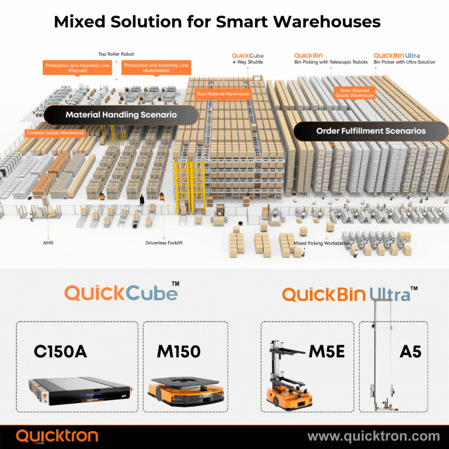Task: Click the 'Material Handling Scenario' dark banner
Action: click(121, 115)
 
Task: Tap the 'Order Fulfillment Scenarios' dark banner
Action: click(371, 131)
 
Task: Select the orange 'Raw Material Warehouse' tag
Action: click(223, 94)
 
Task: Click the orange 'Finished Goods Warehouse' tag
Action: click(55, 133)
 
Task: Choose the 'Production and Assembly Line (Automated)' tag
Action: click(156, 68)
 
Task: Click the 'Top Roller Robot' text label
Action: click(116, 54)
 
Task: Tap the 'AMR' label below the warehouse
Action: click(48, 242)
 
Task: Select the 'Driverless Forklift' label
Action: click(164, 243)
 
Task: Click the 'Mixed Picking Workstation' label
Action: click(322, 243)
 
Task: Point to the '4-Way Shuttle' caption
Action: click(248, 62)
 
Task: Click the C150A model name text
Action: click(60, 352)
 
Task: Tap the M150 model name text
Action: click(179, 352)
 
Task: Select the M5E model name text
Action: click(326, 352)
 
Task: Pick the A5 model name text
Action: click(410, 352)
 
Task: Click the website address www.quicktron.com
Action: click(373, 437)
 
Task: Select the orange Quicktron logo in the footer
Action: click(57, 436)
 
